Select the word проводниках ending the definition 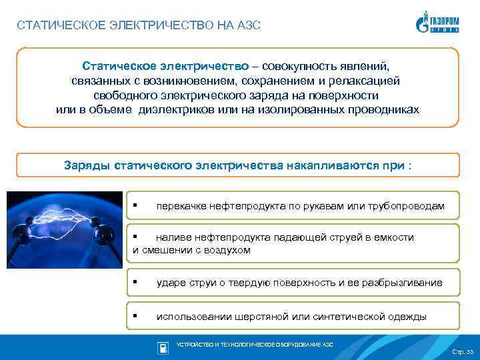[x=385, y=109]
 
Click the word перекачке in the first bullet [x=181, y=206]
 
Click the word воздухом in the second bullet [x=228, y=250]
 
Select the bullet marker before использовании [x=135, y=316]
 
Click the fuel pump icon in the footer [x=163, y=347]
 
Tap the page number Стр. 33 [x=462, y=351]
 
